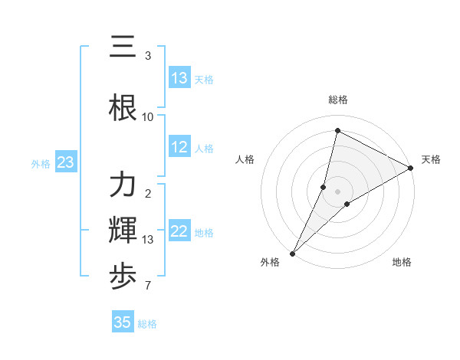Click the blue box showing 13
(x=179, y=78)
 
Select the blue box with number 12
(x=179, y=148)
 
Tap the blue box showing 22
(x=179, y=232)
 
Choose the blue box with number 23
(x=66, y=163)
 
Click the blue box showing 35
(x=123, y=322)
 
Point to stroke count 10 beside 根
(x=148, y=116)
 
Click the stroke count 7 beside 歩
(x=148, y=286)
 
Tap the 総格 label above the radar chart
(x=338, y=100)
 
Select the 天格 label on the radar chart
(x=431, y=159)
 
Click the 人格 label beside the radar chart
(x=245, y=159)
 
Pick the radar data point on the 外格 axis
(x=292, y=253)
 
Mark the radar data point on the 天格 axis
(x=411, y=168)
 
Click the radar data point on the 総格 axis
(x=337, y=131)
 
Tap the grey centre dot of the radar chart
(x=337, y=191)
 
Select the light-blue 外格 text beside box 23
(x=41, y=164)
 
